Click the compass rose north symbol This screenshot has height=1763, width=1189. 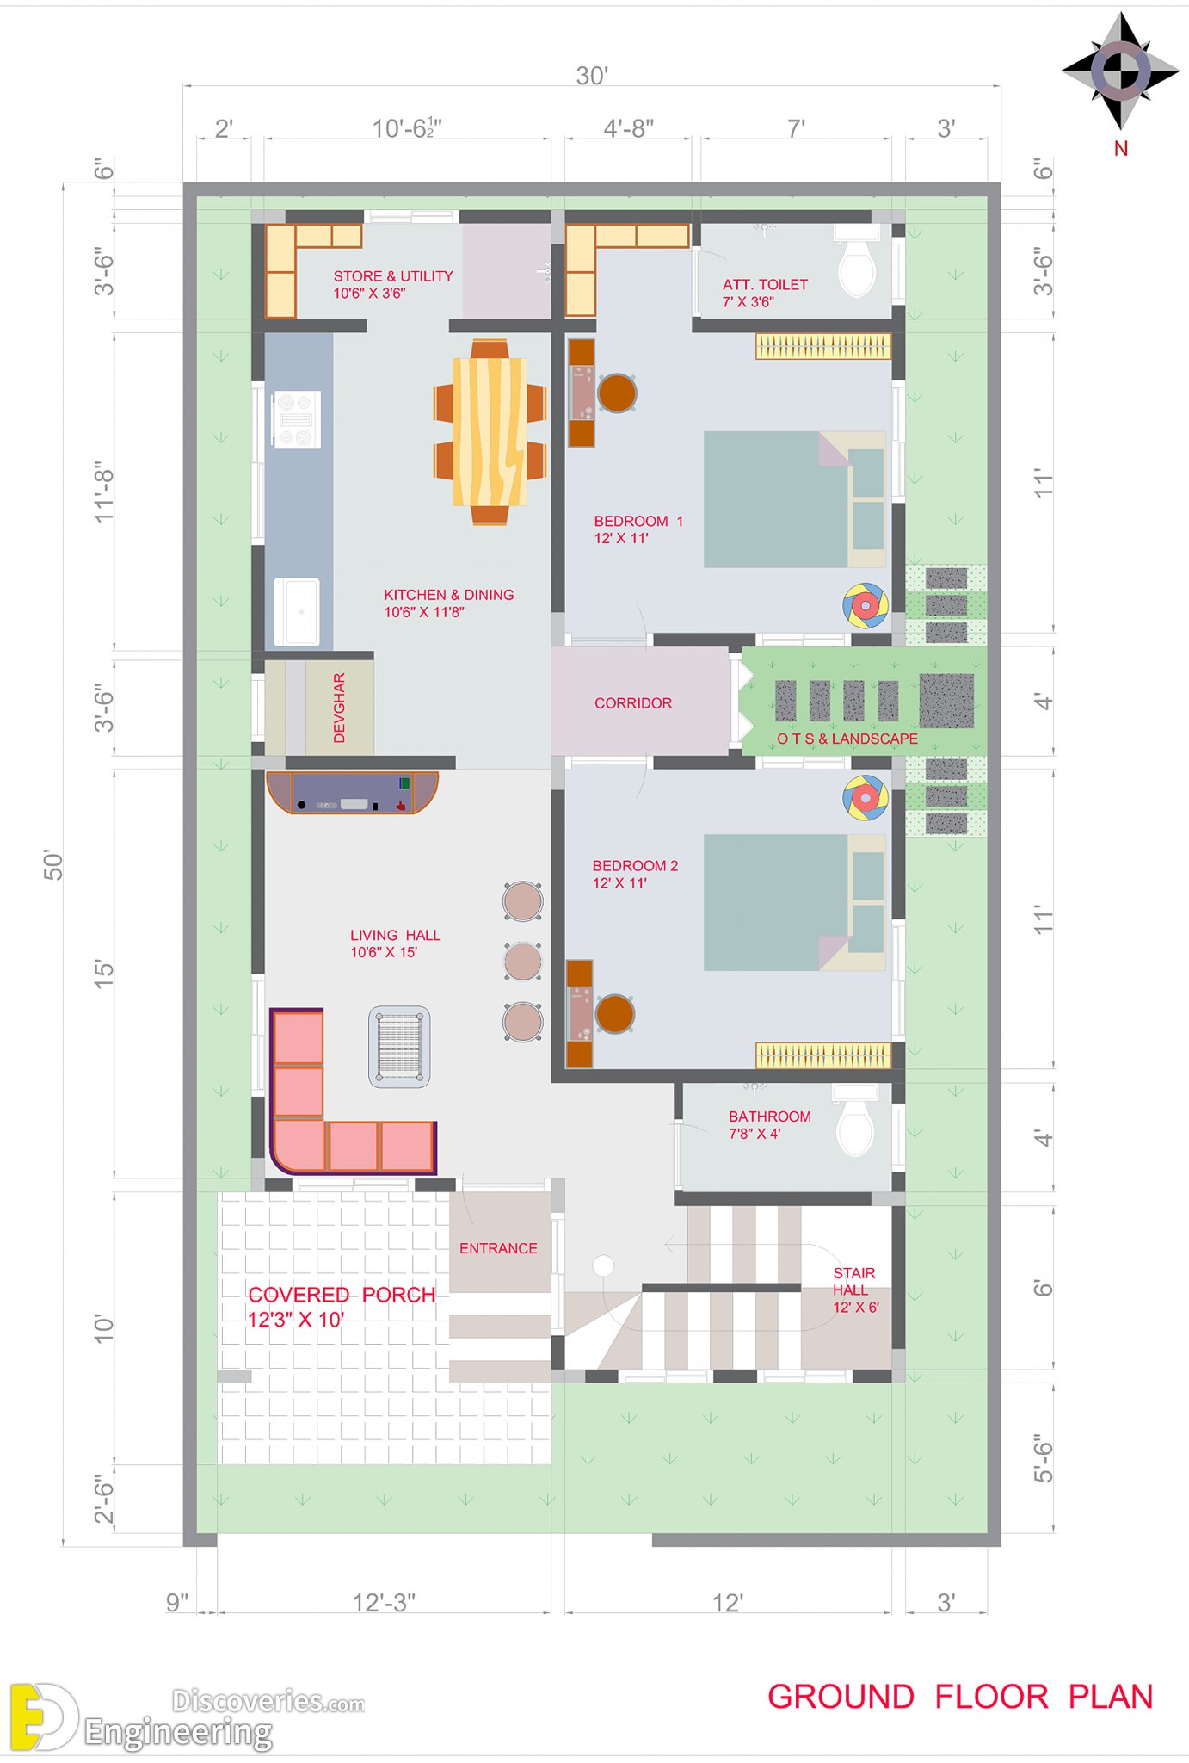[x=1120, y=71]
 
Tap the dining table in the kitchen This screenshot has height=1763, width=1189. [x=490, y=432]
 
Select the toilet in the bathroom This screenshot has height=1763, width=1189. [x=854, y=1119]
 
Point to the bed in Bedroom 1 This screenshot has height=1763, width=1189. [x=794, y=499]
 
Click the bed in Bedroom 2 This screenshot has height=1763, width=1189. [x=794, y=902]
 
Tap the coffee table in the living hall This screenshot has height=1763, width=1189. [x=399, y=1047]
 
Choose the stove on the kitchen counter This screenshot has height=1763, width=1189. [x=297, y=419]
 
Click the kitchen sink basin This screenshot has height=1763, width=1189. [x=297, y=612]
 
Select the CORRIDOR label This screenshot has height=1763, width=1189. [x=633, y=703]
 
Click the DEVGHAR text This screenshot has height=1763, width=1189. [x=339, y=708]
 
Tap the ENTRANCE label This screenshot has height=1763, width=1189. [x=498, y=1248]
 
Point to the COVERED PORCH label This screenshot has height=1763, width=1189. [x=342, y=1295]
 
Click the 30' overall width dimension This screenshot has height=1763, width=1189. [x=592, y=76]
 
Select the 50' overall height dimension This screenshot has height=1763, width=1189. [x=53, y=864]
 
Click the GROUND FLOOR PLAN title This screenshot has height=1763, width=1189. [x=960, y=1697]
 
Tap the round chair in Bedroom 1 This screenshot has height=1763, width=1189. [x=617, y=393]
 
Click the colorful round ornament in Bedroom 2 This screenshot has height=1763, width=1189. [x=865, y=798]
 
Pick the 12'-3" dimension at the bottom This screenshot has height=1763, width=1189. [x=384, y=1602]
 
